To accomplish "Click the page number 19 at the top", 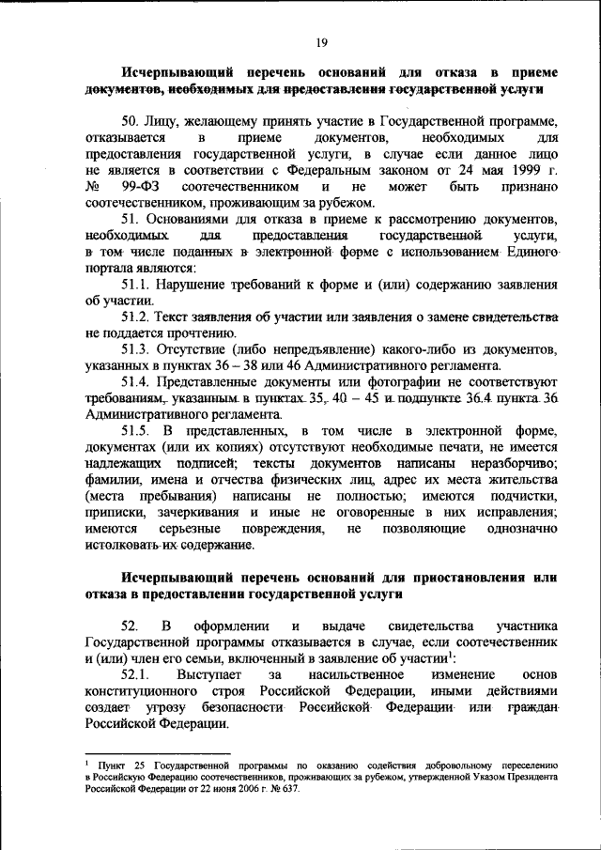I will pyautogui.click(x=319, y=40).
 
